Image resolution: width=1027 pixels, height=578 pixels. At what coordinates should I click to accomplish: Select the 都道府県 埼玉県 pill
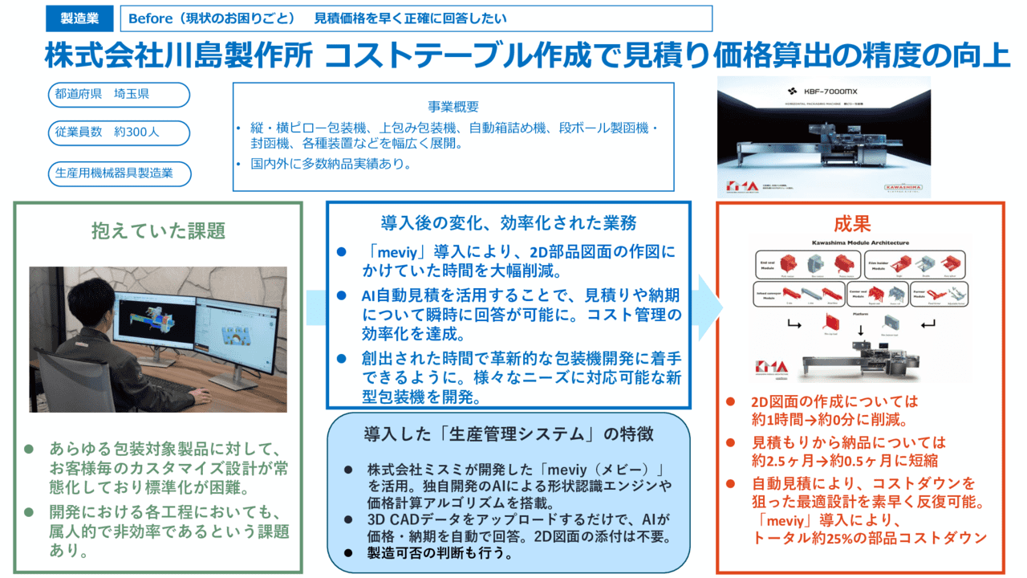118,95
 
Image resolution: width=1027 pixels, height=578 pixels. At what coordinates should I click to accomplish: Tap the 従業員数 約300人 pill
118,133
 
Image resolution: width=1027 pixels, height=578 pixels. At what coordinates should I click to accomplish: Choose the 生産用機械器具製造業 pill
118,173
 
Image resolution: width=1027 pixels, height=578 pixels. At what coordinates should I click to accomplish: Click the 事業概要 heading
453,107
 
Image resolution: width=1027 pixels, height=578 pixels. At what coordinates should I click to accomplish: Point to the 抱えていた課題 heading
158,231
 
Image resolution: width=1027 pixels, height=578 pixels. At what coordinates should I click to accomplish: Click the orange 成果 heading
852,223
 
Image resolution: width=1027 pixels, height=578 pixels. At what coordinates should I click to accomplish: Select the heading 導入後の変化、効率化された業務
509,222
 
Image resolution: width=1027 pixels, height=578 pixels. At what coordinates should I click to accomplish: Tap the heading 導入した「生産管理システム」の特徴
509,434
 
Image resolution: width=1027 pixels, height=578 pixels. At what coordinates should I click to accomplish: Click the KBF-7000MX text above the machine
829,92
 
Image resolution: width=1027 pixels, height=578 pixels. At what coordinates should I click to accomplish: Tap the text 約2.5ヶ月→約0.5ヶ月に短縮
845,461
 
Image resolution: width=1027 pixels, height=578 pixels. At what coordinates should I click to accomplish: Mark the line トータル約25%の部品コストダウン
870,538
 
